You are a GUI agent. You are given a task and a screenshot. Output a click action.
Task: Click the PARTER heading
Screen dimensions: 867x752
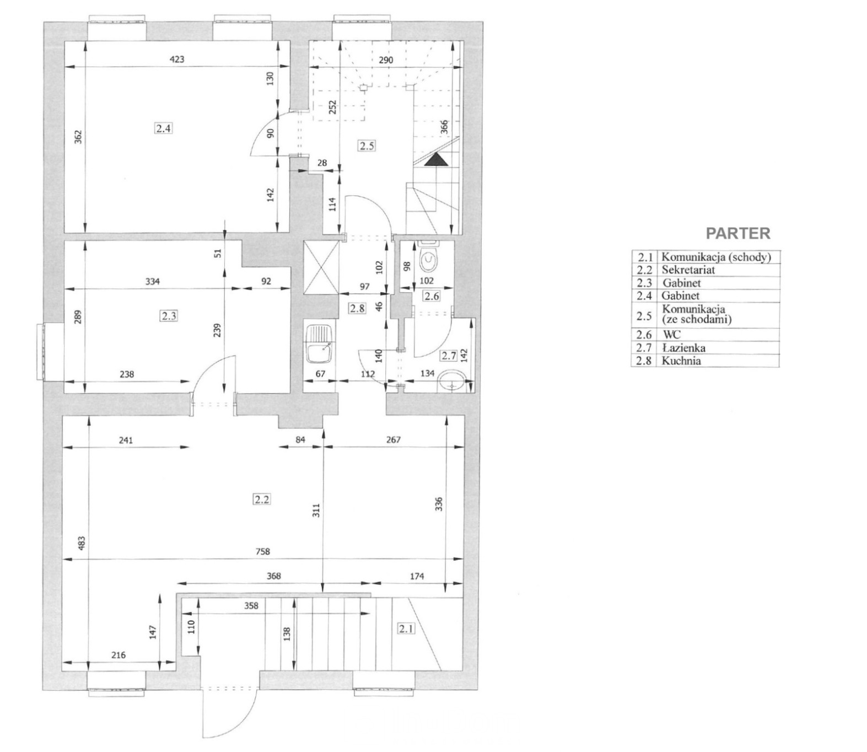point(738,233)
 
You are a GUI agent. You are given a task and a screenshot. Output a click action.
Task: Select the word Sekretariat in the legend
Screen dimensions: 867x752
point(688,270)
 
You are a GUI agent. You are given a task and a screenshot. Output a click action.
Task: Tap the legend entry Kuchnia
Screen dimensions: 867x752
point(681,361)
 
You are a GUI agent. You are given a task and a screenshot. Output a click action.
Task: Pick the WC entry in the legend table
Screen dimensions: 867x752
point(672,335)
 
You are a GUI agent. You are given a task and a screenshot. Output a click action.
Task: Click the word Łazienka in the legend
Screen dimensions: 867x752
point(683,347)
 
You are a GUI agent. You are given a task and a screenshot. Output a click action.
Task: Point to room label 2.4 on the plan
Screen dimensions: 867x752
point(164,128)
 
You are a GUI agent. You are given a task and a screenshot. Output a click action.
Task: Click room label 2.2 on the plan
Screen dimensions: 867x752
point(261,499)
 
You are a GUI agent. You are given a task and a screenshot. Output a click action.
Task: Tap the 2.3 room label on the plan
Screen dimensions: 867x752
point(169,315)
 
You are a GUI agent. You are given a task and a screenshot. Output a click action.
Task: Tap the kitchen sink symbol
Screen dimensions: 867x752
point(319,343)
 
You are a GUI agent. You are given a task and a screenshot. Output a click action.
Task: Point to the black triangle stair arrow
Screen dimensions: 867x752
point(435,159)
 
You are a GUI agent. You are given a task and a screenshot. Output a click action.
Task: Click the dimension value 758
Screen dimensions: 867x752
point(263,551)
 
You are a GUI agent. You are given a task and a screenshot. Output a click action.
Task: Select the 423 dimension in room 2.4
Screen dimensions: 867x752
point(176,59)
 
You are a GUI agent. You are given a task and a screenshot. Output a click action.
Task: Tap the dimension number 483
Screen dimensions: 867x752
point(82,542)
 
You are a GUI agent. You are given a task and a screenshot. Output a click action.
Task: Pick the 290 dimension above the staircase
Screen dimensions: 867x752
point(386,60)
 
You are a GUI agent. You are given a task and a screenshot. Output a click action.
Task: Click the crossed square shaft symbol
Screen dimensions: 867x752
point(321,267)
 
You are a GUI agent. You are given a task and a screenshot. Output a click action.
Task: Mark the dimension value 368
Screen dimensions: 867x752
point(273,576)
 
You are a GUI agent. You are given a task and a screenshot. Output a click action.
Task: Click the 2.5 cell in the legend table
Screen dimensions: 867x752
point(644,315)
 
